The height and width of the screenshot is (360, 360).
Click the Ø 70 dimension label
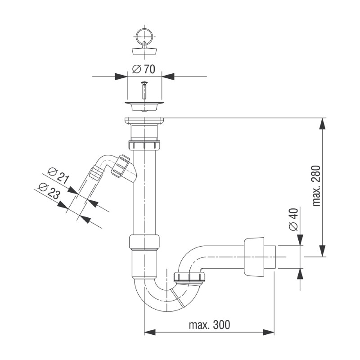144,69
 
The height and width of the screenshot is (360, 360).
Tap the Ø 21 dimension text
58,175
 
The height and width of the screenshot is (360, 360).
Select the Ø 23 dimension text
49,190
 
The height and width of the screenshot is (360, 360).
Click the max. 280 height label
316,186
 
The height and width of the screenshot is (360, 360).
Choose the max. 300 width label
209,324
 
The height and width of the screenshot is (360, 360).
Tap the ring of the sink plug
144,36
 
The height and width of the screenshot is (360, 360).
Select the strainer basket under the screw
144,106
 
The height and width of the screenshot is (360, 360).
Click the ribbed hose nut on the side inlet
120,166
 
